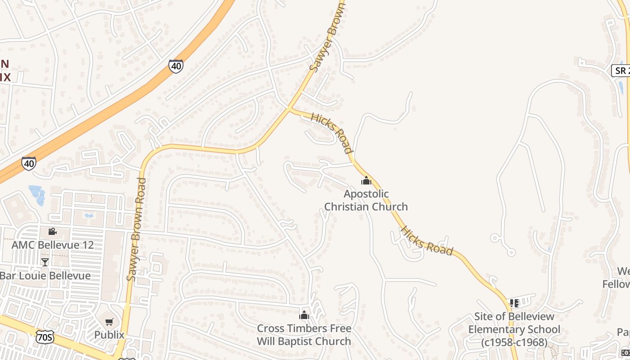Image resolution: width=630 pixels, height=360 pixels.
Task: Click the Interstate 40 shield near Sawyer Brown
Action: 176,66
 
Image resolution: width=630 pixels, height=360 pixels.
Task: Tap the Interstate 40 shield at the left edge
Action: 29,163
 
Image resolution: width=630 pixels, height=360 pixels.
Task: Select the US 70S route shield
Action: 45,337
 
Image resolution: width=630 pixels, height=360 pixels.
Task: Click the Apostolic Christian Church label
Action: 366,200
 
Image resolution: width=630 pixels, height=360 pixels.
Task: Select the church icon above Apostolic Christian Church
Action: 366,181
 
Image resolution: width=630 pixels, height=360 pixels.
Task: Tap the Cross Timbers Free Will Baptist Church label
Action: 304,335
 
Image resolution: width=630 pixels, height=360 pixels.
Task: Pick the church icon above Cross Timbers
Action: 304,315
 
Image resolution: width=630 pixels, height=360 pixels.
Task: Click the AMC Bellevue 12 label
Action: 53,245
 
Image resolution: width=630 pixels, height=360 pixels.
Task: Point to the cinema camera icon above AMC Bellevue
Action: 53,231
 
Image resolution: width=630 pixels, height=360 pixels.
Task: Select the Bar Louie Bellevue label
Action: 45,275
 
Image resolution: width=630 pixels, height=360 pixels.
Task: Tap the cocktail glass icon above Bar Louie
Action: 45,262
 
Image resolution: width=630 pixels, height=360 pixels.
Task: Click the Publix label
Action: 109,335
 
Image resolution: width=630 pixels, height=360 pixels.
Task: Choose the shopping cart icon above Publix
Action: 109,322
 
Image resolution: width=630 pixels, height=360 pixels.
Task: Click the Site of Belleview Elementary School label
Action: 514,329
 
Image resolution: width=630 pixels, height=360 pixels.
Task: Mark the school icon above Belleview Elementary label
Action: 514,303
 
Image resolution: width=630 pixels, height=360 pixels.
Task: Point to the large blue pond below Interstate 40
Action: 37,194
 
